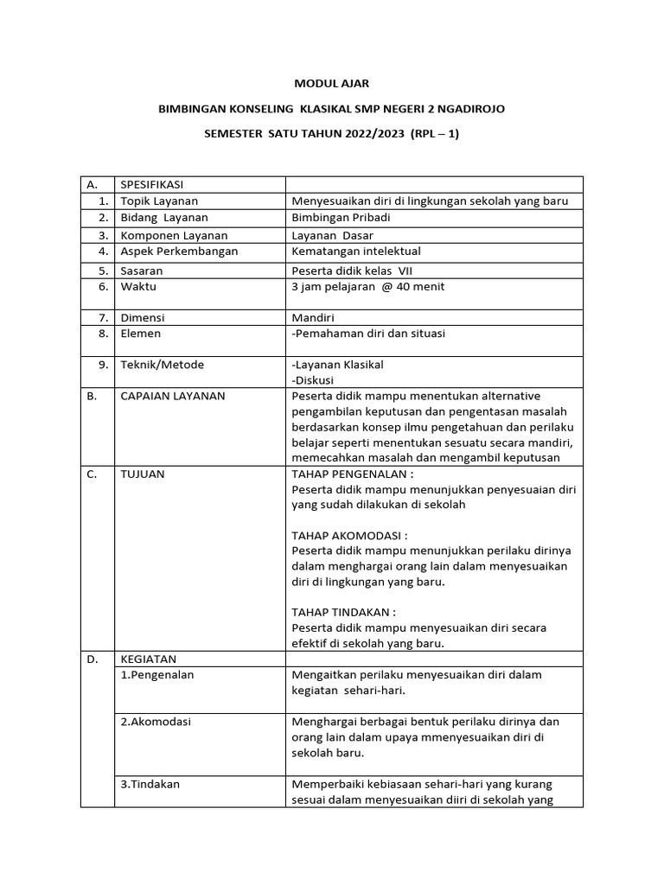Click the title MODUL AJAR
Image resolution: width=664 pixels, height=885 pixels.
(332, 84)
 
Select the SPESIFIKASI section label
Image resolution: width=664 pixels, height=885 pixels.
(151, 184)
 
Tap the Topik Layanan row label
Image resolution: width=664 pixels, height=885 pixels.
(159, 201)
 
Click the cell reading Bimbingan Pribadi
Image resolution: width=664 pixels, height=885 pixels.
(342, 217)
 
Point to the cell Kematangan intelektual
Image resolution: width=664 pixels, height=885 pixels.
(357, 251)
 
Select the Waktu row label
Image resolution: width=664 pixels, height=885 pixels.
(138, 286)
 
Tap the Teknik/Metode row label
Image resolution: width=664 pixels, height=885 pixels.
(163, 365)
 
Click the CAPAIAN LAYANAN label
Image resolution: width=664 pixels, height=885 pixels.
(173, 396)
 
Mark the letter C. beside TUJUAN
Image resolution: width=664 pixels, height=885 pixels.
(92, 474)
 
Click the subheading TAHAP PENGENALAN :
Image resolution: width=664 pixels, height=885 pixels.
(353, 474)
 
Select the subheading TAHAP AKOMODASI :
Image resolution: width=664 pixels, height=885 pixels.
(349, 535)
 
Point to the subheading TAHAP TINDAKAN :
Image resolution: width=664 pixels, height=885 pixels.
(344, 612)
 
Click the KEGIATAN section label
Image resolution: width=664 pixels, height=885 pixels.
(148, 659)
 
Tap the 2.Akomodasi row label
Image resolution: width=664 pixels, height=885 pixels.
(156, 721)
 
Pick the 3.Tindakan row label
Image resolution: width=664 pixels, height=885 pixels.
(150, 784)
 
